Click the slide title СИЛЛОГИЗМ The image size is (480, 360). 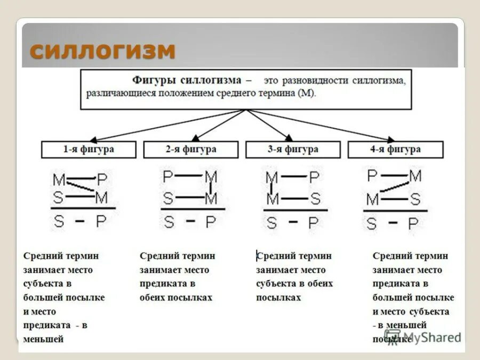[x=102, y=51]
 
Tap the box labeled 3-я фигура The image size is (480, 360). [x=293, y=149]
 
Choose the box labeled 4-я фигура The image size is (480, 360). [x=395, y=149]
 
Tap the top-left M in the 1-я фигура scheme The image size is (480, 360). [x=59, y=180]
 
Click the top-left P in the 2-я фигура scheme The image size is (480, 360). [x=169, y=176]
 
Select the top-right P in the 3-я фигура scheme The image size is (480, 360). [x=314, y=177]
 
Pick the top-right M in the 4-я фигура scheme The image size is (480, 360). [x=415, y=175]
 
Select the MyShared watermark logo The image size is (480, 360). [x=422, y=337]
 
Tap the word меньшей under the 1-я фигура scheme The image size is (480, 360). [x=44, y=339]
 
